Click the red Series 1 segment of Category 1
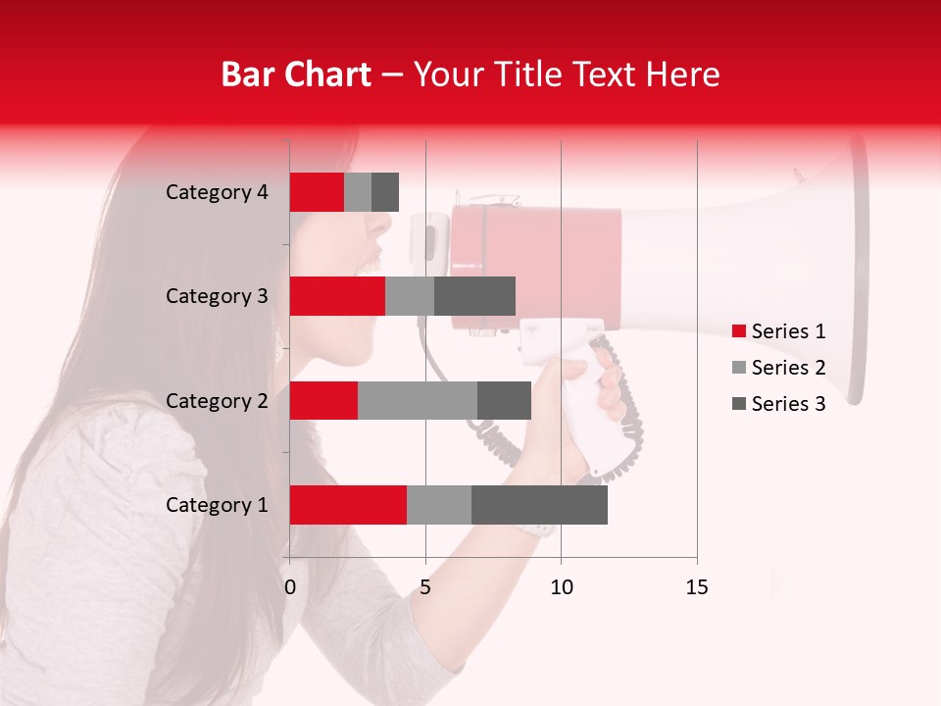348,505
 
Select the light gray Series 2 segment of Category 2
418,400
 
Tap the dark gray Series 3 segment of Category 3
474,296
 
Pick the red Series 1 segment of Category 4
317,192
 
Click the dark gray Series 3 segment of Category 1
539,505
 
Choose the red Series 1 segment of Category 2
323,400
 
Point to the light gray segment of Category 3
410,296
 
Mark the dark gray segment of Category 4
385,192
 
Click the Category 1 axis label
217,505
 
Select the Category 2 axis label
217,400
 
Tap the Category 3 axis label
217,296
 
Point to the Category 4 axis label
217,192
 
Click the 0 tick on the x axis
290,587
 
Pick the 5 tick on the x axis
425,587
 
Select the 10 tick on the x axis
561,587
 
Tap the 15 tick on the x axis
696,587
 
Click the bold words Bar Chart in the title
295,75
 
